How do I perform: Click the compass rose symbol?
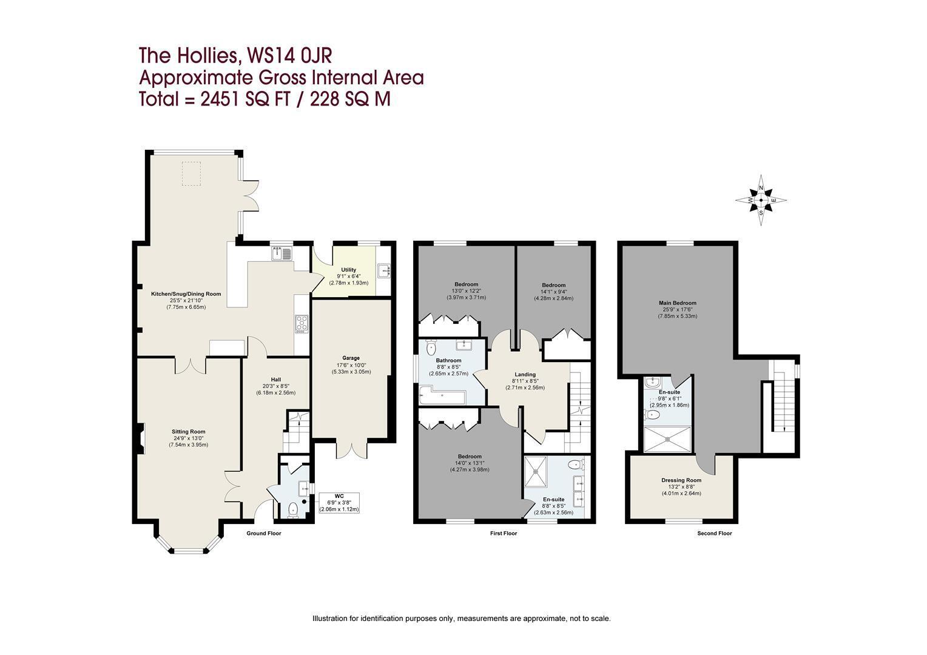761,200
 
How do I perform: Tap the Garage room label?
351,358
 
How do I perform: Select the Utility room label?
348,270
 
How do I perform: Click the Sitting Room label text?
188,432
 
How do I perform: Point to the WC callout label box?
339,503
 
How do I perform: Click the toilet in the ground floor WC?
293,509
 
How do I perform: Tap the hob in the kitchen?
302,324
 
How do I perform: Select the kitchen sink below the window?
282,254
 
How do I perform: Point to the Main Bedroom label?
678,303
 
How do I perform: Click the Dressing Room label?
681,480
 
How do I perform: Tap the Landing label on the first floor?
525,374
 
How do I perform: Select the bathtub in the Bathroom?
442,395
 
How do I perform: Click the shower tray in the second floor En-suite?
667,439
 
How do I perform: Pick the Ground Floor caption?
264,533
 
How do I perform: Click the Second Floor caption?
715,533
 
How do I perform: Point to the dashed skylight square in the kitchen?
191,174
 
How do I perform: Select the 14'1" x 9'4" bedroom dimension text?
553,292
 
